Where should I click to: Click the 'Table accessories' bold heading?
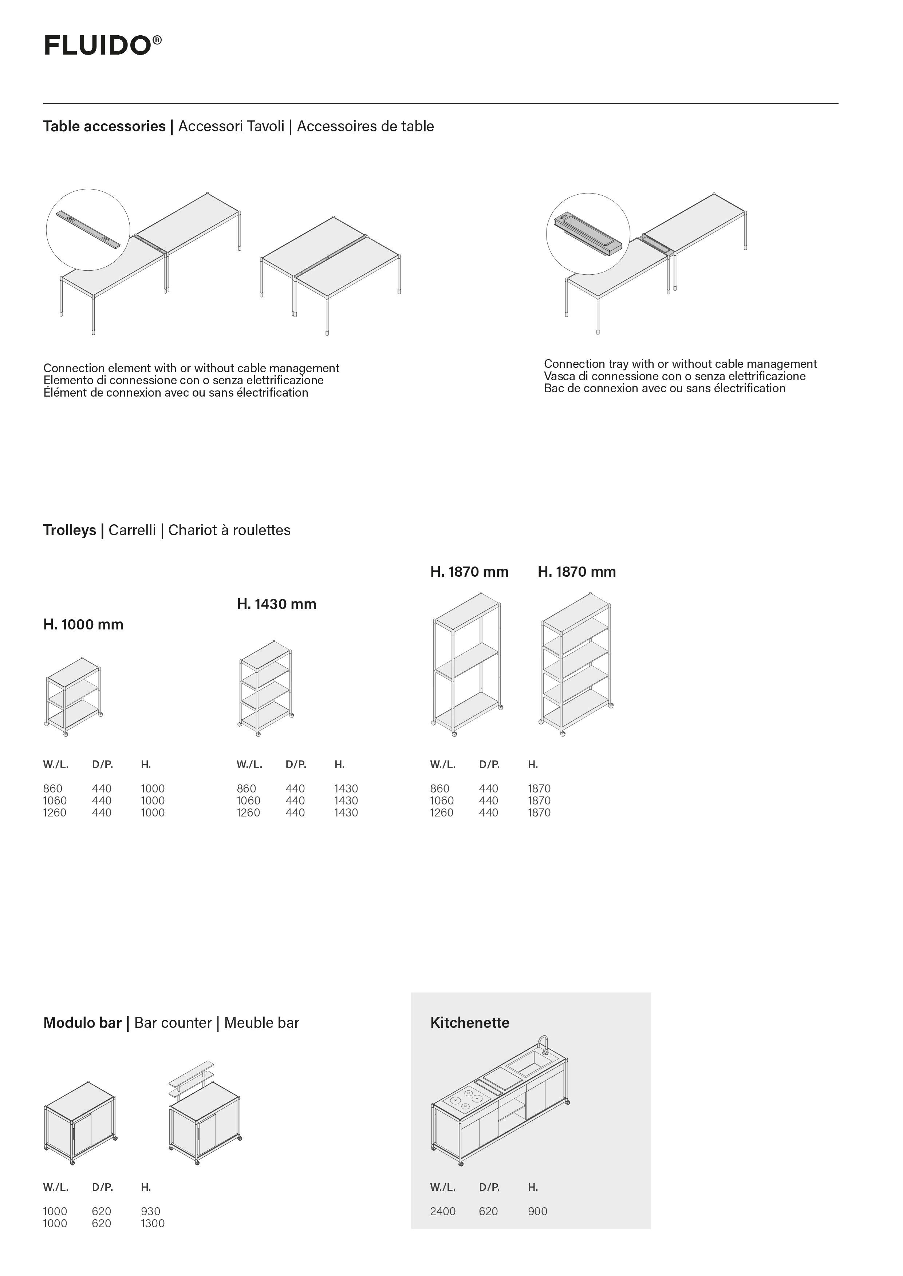coord(104,127)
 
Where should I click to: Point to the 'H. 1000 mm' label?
coord(83,625)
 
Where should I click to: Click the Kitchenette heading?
coord(469,1023)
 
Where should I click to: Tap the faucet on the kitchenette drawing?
coord(543,1044)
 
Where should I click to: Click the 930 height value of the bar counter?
coord(150,1212)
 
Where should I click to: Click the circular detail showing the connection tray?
coord(588,234)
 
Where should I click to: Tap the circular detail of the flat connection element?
coord(88,230)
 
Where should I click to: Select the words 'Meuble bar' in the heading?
coord(261,1023)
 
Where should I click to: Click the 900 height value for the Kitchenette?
coord(537,1212)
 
